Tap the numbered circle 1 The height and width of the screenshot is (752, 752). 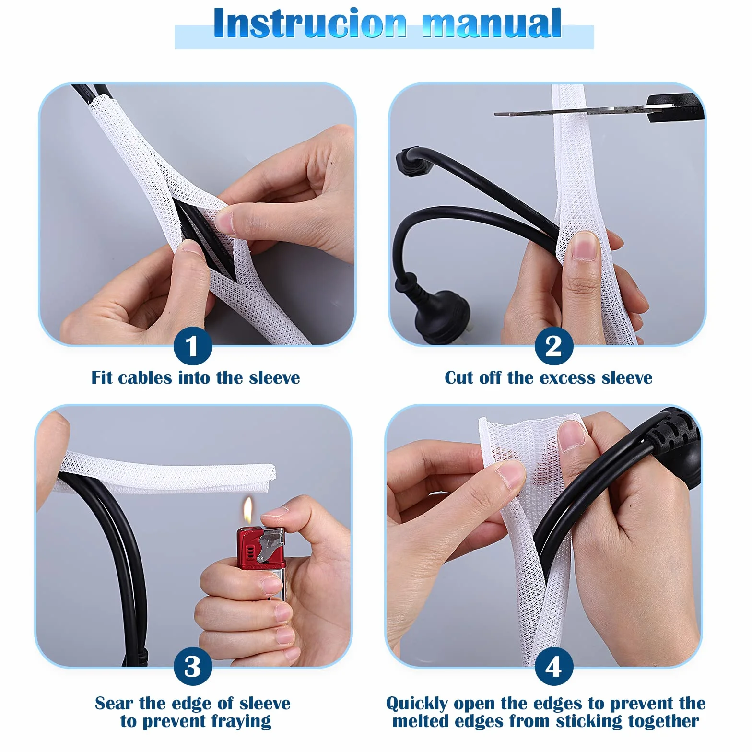point(193,346)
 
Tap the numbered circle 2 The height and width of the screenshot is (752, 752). point(554,346)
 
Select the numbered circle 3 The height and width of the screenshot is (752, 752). point(193,667)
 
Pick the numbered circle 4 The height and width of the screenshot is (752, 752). point(554,667)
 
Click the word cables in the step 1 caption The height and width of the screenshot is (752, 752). point(145,378)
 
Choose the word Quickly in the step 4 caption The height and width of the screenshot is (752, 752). point(417,704)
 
